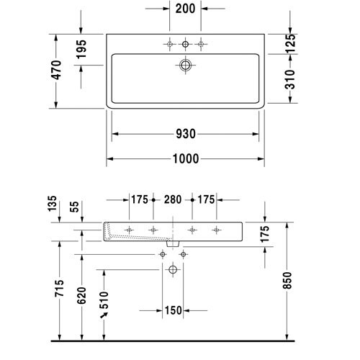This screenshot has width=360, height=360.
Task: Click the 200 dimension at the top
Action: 185,9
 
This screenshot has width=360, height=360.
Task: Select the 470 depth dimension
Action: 57,70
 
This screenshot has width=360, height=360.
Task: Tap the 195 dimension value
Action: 81,49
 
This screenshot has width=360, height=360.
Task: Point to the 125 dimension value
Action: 290,43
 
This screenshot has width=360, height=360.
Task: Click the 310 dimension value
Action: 290,79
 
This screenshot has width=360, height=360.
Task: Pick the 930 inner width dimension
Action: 186,134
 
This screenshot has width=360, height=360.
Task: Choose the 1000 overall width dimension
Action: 186,158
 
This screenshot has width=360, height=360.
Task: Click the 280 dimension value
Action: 173,199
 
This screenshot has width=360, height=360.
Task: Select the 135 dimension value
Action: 53,204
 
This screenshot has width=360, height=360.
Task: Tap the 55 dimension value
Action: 75,207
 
